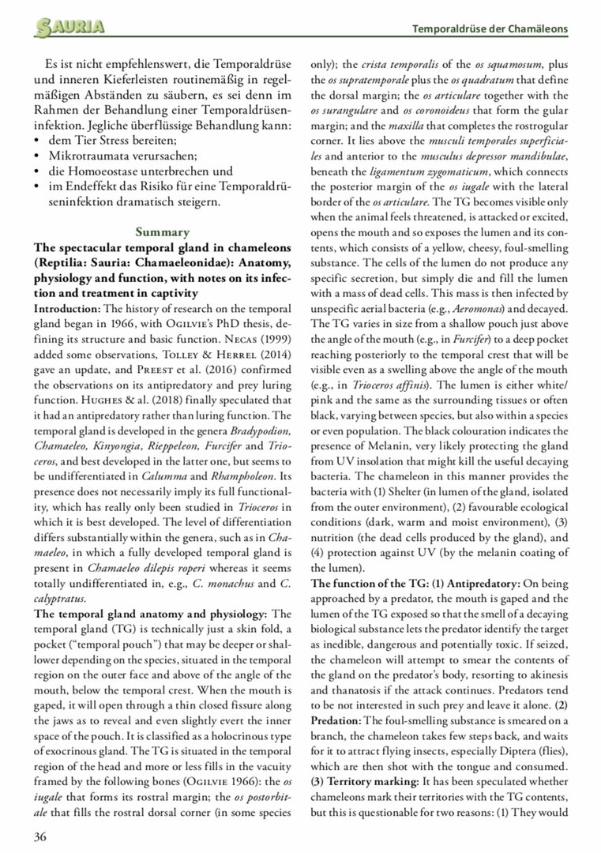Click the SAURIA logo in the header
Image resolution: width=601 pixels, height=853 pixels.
[x=69, y=28]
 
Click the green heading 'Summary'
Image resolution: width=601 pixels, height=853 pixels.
[x=162, y=231]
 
